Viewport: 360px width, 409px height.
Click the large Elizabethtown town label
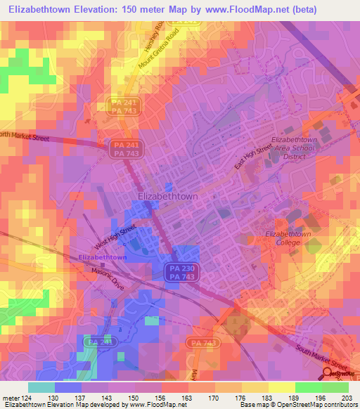[167, 197]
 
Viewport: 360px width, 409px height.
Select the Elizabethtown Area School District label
[285, 148]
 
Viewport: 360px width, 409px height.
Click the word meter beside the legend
[11, 397]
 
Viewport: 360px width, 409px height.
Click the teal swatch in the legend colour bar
[41, 387]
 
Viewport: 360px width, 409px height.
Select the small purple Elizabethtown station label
[103, 258]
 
